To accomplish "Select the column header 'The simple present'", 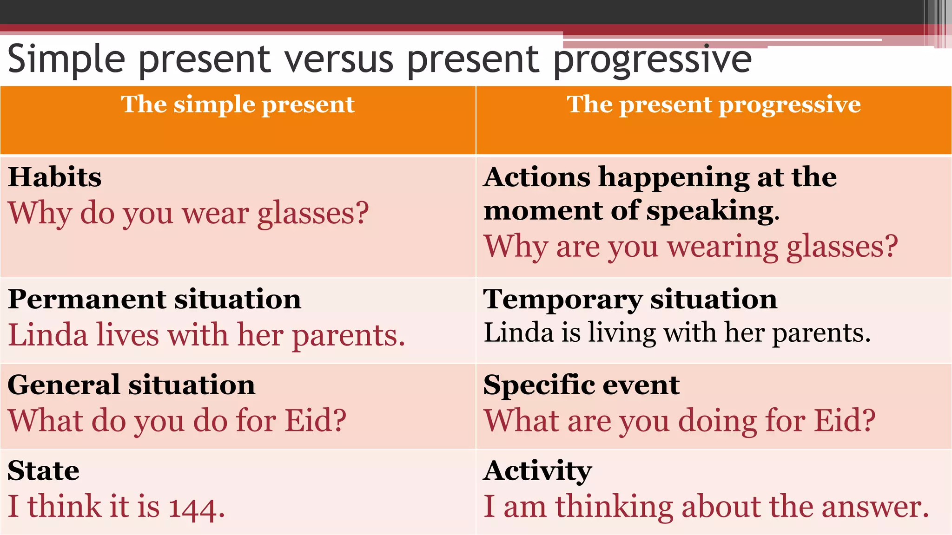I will [x=238, y=104].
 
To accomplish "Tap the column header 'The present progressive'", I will [x=714, y=104].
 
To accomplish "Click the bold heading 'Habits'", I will [x=55, y=177].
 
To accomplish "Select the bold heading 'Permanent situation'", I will [x=154, y=299].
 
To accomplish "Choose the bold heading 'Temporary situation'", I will [x=630, y=299].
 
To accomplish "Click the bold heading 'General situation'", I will [x=132, y=385].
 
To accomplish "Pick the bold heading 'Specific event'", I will [x=582, y=385].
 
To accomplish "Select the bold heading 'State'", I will [x=44, y=471].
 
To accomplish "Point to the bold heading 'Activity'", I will [x=538, y=471].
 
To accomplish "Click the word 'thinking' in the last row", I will [x=614, y=507].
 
